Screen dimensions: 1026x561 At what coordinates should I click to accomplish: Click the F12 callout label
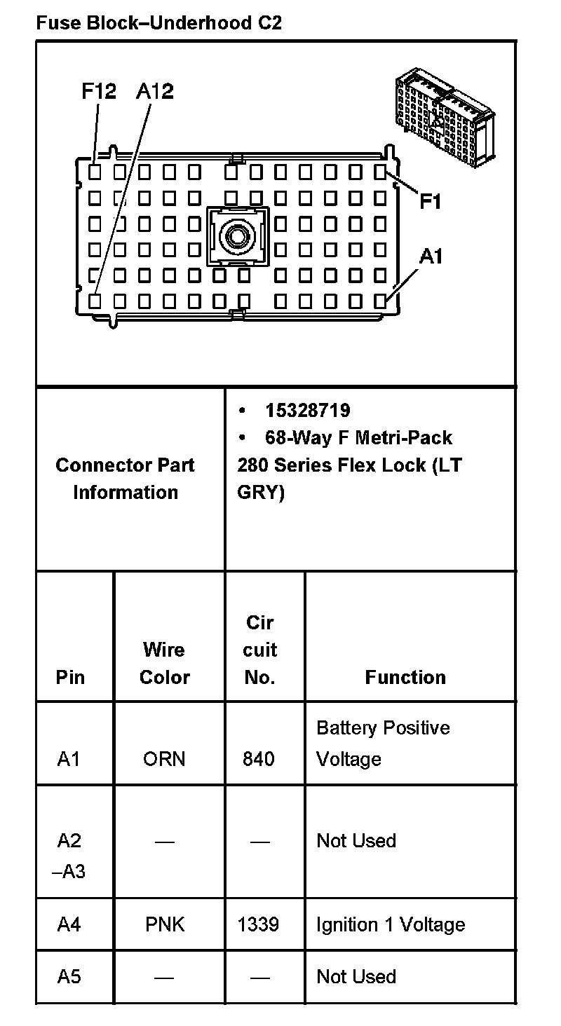pos(99,92)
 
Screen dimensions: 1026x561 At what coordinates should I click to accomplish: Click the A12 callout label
pos(154,92)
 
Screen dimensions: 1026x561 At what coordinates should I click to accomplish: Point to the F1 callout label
pos(431,202)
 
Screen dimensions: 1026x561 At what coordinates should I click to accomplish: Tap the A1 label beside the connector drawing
pos(431,257)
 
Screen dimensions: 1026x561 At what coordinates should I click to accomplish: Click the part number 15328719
pos(307,410)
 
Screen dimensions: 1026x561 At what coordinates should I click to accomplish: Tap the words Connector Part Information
pos(126,479)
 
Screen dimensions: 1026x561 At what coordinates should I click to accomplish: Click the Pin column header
pos(70,677)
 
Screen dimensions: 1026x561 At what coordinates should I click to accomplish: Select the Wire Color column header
pos(165,663)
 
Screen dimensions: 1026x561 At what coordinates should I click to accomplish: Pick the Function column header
pos(405,677)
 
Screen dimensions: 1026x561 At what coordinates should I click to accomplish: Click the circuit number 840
pos(259,759)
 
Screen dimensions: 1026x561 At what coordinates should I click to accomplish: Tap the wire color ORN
pos(164,759)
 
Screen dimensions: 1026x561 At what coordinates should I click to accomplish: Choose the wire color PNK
pos(165,924)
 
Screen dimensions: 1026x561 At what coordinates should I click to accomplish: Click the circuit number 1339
pos(259,924)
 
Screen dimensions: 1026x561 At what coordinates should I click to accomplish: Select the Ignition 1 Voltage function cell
pos(391,924)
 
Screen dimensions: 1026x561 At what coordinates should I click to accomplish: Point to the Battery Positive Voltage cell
pos(383,744)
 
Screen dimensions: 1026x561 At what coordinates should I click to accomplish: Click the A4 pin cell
pos(69,924)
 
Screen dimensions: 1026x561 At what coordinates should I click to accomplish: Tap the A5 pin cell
pos(69,976)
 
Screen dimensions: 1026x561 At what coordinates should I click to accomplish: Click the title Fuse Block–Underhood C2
pos(159,23)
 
